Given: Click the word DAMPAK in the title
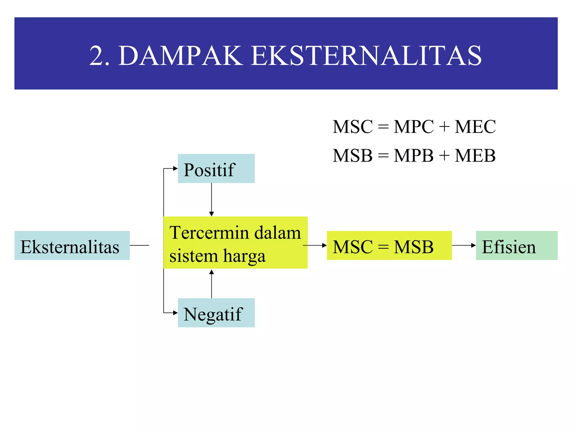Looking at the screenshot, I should click(x=180, y=56).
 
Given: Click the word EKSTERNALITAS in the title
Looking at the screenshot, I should click(x=366, y=56).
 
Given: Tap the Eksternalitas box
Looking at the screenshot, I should click(x=72, y=246).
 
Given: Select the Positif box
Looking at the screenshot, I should click(x=216, y=169).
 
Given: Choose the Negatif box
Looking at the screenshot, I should click(x=216, y=313).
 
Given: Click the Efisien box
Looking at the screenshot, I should click(x=516, y=246).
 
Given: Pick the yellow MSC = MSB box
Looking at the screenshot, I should click(x=389, y=246).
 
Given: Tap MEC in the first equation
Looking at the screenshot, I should click(x=475, y=127).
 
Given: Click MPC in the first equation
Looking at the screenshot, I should click(x=414, y=127).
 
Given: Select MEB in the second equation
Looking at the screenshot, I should click(x=475, y=156).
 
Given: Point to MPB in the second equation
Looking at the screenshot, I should click(x=414, y=156).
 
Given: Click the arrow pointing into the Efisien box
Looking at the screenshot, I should click(x=464, y=246).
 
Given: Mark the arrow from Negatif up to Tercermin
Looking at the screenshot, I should click(x=212, y=284).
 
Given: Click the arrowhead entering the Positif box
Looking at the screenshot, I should click(x=175, y=169).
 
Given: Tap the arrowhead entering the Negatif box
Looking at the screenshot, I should click(x=175, y=313).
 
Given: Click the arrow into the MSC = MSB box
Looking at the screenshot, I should click(x=315, y=246).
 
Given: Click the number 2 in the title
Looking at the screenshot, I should click(x=96, y=56).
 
